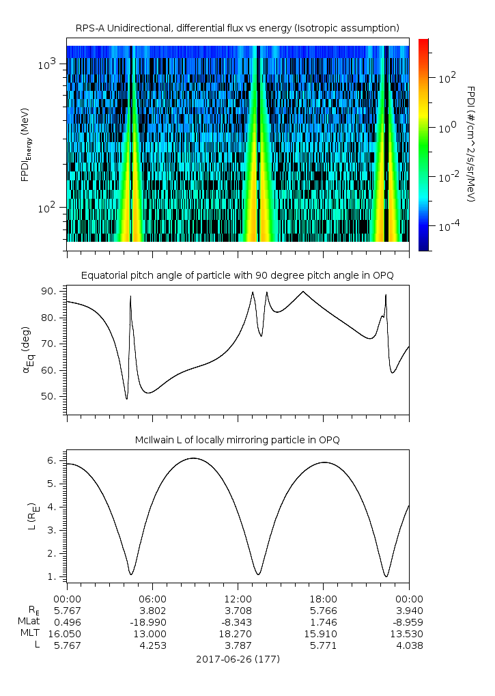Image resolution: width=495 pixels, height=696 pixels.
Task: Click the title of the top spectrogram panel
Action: click(x=238, y=29)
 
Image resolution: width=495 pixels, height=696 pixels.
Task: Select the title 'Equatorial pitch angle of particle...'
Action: click(x=238, y=276)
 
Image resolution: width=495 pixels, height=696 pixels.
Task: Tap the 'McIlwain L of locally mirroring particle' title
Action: click(x=238, y=440)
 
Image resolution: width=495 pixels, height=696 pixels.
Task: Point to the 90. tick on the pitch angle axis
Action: click(x=50, y=291)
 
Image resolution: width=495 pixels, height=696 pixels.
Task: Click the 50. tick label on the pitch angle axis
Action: click(x=50, y=396)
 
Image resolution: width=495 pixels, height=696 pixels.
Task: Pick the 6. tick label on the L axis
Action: click(x=53, y=461)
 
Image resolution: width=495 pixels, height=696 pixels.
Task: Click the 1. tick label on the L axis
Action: click(x=53, y=576)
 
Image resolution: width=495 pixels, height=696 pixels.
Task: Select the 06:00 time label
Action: click(x=152, y=599)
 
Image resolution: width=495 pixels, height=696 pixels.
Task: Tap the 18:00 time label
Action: click(x=324, y=599)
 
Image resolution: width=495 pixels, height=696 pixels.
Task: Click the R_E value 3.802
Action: click(x=152, y=611)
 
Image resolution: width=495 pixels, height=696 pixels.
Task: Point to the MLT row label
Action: click(x=30, y=633)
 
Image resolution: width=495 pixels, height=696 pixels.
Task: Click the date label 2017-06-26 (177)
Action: click(x=238, y=659)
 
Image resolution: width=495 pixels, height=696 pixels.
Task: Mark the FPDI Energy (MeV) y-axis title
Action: click(x=25, y=144)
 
